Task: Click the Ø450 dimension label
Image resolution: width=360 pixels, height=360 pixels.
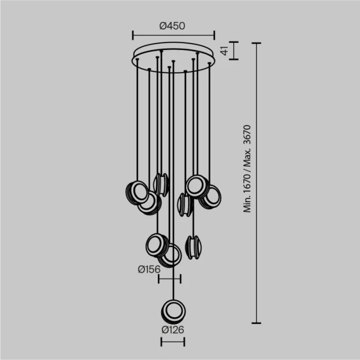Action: tap(172, 25)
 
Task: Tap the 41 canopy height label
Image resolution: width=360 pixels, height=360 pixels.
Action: tap(224, 50)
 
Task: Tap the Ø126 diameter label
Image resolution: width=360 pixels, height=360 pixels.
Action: tap(172, 330)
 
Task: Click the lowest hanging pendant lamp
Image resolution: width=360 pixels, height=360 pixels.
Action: tap(173, 311)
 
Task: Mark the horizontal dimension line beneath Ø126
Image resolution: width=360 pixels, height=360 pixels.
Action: tap(173, 342)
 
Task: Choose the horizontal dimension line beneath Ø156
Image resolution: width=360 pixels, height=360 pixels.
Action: tap(169, 279)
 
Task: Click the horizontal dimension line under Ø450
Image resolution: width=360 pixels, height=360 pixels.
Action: tap(173, 35)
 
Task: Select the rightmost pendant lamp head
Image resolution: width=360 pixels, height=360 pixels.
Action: tap(210, 197)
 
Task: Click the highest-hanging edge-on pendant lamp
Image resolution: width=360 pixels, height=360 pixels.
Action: tap(161, 184)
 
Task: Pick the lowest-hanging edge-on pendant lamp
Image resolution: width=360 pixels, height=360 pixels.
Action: tap(193, 247)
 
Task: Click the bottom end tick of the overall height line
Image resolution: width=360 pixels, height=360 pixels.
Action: tap(256, 323)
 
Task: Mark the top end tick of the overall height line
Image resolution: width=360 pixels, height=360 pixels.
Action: tap(256, 43)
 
